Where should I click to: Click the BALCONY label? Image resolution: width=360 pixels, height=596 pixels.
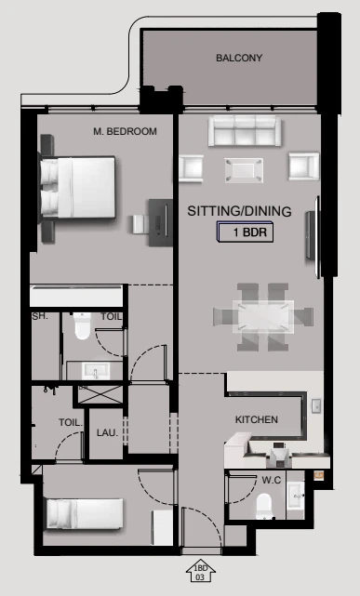point(239,58)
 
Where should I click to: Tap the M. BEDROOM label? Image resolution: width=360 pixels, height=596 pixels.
point(125,131)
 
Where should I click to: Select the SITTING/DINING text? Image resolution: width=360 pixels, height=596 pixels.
point(239,211)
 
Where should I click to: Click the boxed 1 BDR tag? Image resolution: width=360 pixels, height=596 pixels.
point(245,232)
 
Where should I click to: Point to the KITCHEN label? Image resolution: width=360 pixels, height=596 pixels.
point(257,419)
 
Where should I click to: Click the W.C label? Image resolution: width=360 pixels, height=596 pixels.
point(272,481)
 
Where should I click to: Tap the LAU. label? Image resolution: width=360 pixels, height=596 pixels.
point(107,432)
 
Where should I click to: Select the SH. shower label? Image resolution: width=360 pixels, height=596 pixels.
point(40,316)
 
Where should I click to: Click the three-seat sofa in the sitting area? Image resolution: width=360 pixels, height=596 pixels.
point(245,131)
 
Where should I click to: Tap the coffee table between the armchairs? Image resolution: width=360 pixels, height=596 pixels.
point(244,170)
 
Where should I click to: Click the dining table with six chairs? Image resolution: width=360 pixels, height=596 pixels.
point(263,317)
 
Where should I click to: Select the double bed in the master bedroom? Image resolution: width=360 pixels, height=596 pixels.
point(77,188)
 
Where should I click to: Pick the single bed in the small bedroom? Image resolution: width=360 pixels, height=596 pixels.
point(85,514)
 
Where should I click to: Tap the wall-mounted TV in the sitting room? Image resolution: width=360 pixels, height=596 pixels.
point(312,236)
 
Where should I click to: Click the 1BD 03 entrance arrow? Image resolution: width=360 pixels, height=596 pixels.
point(201,571)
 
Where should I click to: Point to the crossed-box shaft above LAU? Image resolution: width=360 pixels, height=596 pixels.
point(100,394)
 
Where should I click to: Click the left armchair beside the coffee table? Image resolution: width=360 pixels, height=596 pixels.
point(191,167)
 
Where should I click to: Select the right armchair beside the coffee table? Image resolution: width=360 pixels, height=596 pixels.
point(304,166)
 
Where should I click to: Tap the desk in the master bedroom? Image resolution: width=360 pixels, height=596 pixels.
point(160,222)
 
